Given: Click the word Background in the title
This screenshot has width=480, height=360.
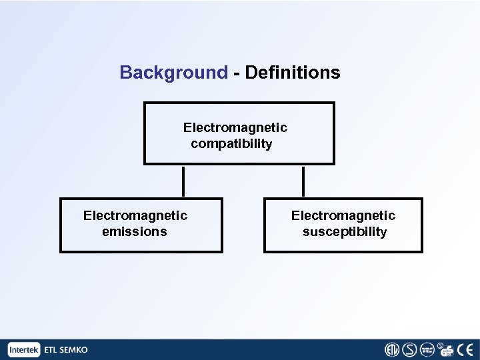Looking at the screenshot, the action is [x=173, y=73].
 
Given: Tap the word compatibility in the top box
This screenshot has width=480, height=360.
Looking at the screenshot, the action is [x=231, y=144].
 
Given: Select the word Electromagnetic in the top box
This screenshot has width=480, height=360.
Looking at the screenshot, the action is [x=235, y=127].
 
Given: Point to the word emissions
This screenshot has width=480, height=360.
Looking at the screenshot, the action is [x=134, y=232].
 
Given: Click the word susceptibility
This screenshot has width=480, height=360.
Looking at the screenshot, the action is [x=344, y=232].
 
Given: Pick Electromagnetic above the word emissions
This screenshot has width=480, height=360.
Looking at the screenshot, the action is [x=135, y=215].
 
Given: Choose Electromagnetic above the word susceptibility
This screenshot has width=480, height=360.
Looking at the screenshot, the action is [x=343, y=215].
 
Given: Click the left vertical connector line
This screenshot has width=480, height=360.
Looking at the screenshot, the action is [x=183, y=181].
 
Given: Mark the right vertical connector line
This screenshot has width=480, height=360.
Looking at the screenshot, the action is [x=303, y=181].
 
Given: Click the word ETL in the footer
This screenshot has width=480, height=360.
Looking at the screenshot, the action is [x=51, y=349].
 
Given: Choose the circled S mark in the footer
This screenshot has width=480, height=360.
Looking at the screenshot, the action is [x=409, y=349].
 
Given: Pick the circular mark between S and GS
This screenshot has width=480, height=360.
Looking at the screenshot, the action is [x=427, y=349].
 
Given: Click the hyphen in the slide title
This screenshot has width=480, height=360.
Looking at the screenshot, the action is [x=237, y=73].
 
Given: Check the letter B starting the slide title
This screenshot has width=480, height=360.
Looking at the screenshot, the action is [x=125, y=73].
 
